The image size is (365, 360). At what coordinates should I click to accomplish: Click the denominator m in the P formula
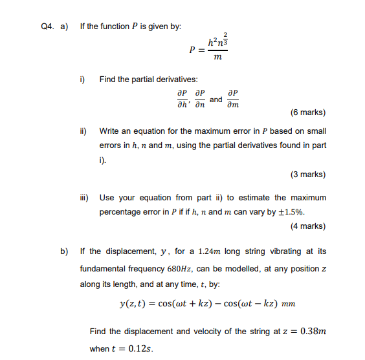click(217, 58)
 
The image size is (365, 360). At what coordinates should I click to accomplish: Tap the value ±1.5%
click(291, 211)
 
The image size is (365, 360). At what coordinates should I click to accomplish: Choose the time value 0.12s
click(140, 348)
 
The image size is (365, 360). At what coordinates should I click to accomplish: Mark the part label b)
click(65, 251)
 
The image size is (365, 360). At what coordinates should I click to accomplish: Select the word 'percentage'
click(120, 211)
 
